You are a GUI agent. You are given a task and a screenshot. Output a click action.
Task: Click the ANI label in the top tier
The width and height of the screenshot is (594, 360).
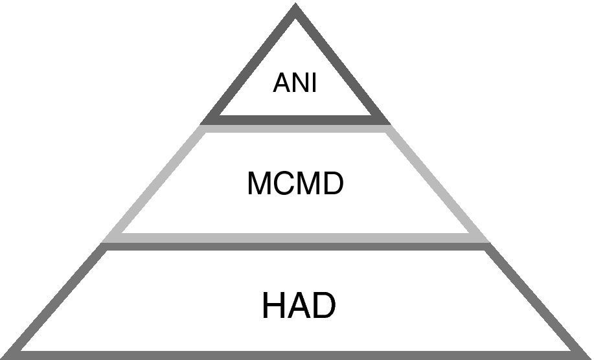tap(295, 84)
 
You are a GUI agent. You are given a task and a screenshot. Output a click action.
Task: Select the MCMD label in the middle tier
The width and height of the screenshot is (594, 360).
tap(295, 185)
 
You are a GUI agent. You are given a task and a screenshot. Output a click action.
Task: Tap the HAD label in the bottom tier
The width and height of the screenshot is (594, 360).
tap(299, 305)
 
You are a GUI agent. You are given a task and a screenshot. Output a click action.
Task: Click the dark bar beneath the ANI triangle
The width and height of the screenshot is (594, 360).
tap(295, 120)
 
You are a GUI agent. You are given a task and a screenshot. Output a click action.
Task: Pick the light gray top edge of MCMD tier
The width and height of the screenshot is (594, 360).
tap(295, 129)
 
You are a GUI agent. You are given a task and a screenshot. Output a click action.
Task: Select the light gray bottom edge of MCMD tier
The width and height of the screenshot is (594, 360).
tap(295, 238)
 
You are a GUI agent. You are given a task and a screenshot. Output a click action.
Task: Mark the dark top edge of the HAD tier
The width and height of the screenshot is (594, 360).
tap(295, 247)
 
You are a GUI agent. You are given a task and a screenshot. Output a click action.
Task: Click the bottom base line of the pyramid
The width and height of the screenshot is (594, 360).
tap(295, 355)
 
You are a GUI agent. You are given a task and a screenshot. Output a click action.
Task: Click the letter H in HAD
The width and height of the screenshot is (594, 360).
tap(273, 305)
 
